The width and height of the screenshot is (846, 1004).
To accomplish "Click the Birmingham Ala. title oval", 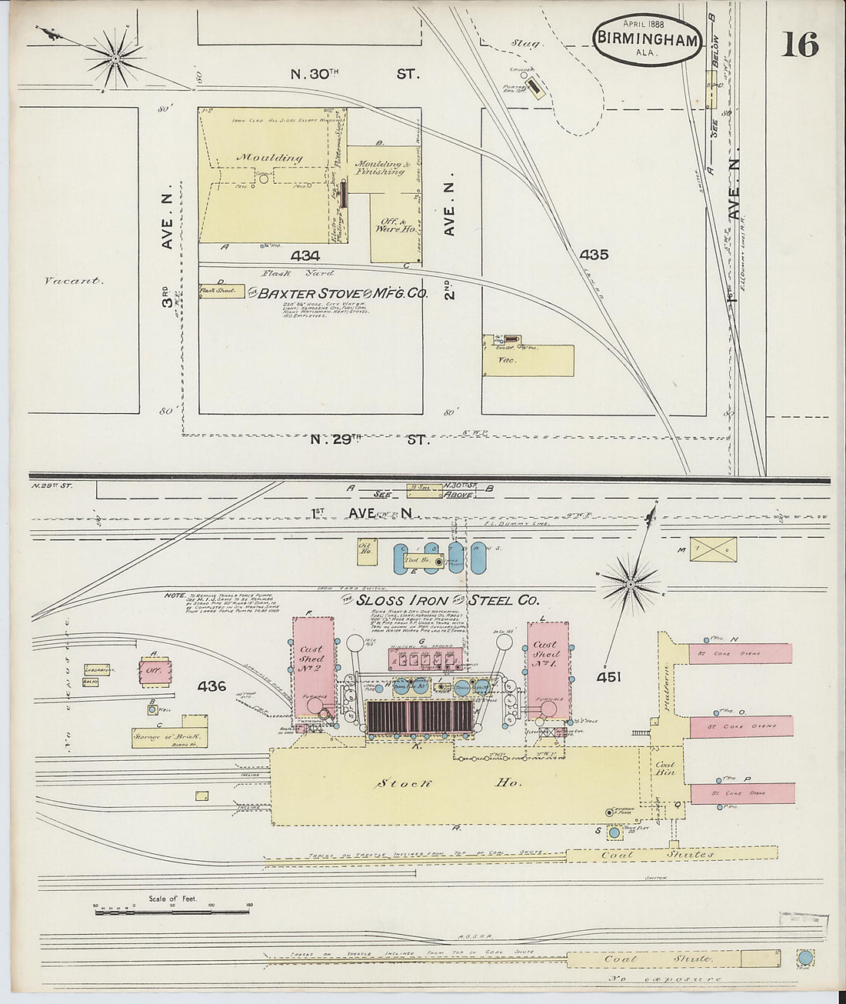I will point(647,39).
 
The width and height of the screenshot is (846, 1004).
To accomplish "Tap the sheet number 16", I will point(800,45).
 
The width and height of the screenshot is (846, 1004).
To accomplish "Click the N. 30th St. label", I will point(355,75).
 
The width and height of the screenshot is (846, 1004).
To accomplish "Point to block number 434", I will point(305,255).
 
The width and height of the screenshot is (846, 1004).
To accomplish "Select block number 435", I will point(594,254).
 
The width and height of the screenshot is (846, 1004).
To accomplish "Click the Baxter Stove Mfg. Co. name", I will point(341,293).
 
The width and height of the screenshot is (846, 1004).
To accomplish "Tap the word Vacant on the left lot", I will point(74,281).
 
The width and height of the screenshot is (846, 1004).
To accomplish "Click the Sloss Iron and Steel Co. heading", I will point(441,600).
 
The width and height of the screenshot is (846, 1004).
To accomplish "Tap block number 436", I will point(211,685).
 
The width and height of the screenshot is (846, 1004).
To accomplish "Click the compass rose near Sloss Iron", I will point(630,585).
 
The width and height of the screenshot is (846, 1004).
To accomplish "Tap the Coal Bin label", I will point(664,769).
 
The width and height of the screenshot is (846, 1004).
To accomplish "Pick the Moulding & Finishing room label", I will point(379,168).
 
